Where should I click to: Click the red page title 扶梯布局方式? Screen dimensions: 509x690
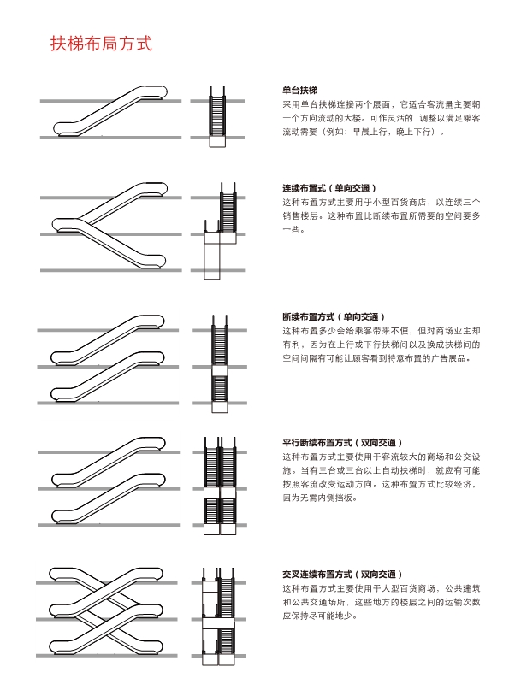(x=101, y=44)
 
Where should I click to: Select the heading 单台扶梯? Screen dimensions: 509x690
(x=300, y=91)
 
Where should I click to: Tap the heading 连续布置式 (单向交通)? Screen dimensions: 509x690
(x=329, y=188)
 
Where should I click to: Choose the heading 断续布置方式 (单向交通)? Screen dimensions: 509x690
(x=334, y=317)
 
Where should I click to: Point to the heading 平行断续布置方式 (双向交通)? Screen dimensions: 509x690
(x=342, y=443)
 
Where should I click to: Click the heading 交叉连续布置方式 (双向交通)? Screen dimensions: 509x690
(x=342, y=575)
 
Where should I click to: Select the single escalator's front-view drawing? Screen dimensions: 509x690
(x=217, y=116)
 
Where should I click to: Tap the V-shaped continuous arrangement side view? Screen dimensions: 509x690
(x=109, y=226)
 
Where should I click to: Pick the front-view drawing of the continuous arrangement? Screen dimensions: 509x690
(x=220, y=231)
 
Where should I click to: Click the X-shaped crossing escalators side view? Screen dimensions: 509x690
(x=106, y=610)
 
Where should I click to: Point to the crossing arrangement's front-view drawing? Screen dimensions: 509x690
(x=218, y=616)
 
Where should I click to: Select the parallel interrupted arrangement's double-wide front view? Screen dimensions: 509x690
(x=220, y=486)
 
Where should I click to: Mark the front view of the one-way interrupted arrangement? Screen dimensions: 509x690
(x=220, y=364)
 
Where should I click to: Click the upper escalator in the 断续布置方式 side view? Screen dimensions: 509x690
(x=108, y=339)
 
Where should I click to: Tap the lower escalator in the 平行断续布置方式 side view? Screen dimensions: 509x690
(x=109, y=498)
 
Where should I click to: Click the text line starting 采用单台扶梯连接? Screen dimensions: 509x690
(x=382, y=104)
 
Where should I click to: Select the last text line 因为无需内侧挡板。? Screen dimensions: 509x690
(x=320, y=498)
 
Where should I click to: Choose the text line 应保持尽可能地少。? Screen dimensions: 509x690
(x=320, y=616)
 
